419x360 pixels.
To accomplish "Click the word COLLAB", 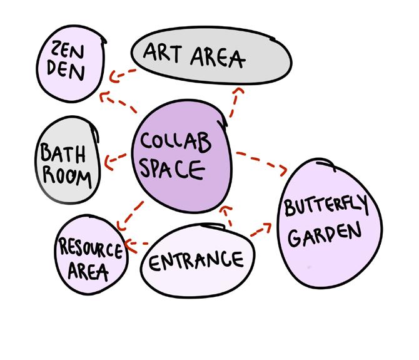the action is pos(175,143).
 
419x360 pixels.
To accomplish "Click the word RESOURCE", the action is pos(91,249).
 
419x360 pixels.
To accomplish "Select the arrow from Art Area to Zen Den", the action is pos(122,74).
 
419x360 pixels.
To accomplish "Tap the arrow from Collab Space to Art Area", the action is pos(233,103).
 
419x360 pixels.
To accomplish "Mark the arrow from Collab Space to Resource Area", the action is pos(130,215).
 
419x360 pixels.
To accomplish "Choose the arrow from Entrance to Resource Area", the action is pos(136,244).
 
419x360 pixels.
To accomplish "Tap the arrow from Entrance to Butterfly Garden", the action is pos(263,229).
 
